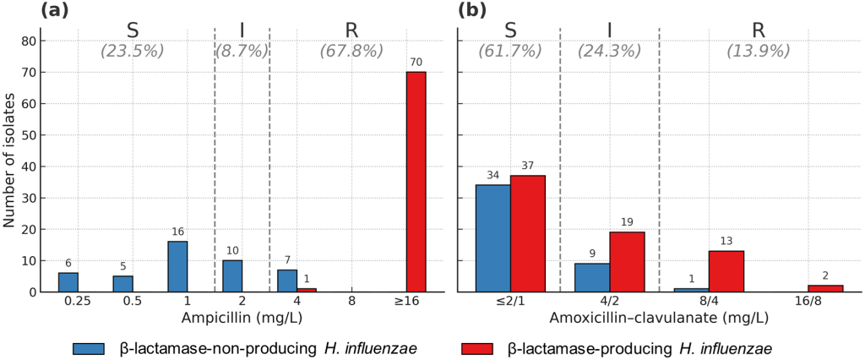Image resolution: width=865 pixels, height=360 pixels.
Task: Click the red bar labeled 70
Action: click(416, 182)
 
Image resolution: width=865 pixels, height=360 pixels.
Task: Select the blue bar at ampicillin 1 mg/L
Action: click(177, 266)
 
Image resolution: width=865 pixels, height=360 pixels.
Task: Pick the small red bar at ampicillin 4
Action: click(306, 290)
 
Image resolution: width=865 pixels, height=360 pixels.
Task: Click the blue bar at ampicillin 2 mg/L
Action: click(232, 276)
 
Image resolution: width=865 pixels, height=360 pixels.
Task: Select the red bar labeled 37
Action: click(528, 233)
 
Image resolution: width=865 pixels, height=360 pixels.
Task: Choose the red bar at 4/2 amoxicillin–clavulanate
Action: click(627, 262)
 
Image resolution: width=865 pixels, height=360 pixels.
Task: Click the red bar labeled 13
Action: click(726, 271)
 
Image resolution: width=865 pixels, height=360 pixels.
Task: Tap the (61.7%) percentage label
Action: click(510, 51)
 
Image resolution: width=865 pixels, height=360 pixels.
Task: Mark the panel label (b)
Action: click(471, 10)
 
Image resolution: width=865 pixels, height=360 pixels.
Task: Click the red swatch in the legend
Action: click(478, 348)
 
